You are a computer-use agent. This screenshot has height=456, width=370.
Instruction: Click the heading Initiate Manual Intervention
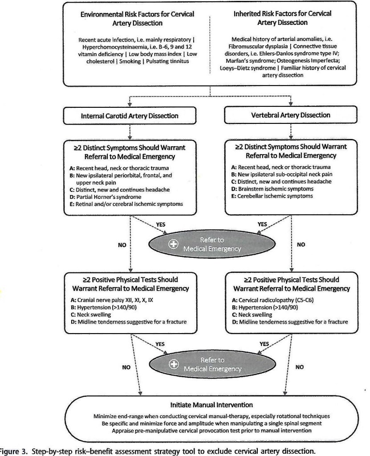tap(211, 406)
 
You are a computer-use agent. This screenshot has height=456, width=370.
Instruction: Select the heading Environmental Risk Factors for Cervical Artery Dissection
tap(137, 18)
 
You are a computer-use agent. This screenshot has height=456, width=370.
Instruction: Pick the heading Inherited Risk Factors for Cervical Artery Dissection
tap(282, 18)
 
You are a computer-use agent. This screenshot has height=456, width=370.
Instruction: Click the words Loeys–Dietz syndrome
tap(248, 68)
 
